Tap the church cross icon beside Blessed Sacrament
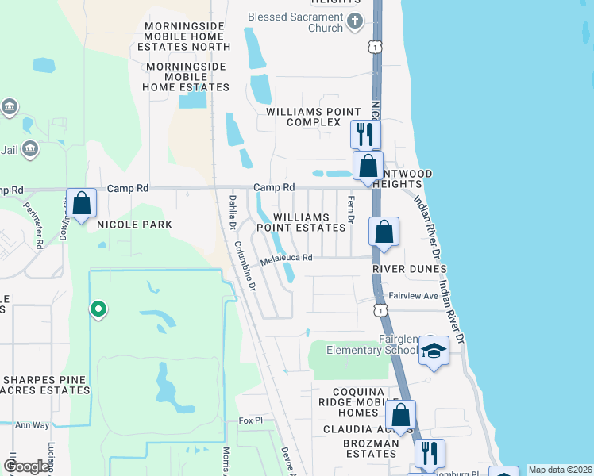[x=355, y=22]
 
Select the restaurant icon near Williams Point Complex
[x=365, y=133]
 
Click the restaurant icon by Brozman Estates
[x=430, y=453]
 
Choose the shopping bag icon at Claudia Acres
[x=401, y=414]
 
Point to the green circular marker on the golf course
[x=98, y=309]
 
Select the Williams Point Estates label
[x=310, y=222]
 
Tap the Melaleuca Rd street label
[x=288, y=258]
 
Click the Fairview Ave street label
[x=414, y=295]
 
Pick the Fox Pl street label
[x=250, y=420]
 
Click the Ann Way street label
[x=32, y=425]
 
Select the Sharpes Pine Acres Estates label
[x=46, y=385]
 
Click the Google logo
[x=27, y=466]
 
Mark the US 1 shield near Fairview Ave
[x=382, y=311]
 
